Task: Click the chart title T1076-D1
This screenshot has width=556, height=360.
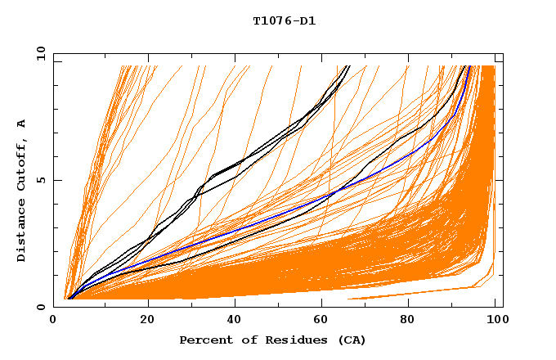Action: [285, 21]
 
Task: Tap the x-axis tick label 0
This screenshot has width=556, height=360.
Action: [54, 321]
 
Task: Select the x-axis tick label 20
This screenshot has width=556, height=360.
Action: [147, 321]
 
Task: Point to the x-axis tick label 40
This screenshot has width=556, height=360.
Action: [235, 321]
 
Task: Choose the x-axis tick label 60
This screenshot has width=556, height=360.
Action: [324, 321]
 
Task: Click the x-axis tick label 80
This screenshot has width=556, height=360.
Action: [412, 321]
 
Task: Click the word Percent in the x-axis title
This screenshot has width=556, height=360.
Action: [204, 340]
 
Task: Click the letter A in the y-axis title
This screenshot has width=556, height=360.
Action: [22, 124]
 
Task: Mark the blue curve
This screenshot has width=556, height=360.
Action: [245, 233]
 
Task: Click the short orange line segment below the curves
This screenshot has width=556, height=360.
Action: [409, 294]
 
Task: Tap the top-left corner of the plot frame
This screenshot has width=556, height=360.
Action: [54, 54]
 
